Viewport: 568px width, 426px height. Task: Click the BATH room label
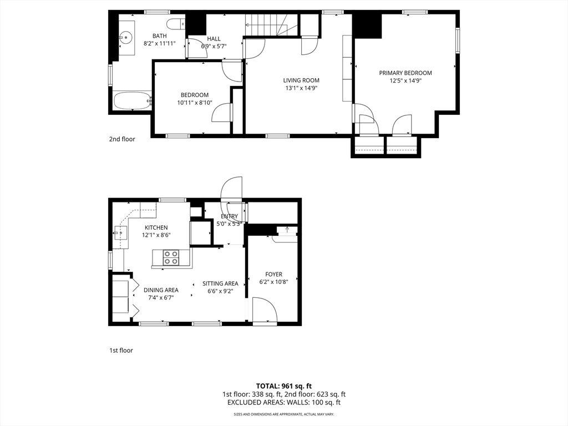[159, 36]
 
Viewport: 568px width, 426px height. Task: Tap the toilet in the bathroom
[176, 24]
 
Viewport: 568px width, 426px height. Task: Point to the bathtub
[133, 100]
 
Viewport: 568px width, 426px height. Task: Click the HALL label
[214, 39]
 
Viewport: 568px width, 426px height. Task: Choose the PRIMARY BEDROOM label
[405, 73]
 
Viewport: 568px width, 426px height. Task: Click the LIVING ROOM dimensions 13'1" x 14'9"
[301, 88]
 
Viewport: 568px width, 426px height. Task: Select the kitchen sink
[120, 232]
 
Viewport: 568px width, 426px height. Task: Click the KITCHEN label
[156, 227]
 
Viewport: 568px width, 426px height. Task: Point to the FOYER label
[273, 275]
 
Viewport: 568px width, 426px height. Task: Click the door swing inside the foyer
[265, 309]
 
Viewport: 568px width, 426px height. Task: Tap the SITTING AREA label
[220, 283]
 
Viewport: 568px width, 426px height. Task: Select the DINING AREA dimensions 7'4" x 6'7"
[161, 298]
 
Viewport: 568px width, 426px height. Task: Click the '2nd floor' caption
[122, 139]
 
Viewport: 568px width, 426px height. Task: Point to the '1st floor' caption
[121, 351]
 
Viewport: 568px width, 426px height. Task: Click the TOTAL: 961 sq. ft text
[284, 386]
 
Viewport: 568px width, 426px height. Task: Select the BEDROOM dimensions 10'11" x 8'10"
[195, 103]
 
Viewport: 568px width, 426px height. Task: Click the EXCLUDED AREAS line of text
[284, 403]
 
